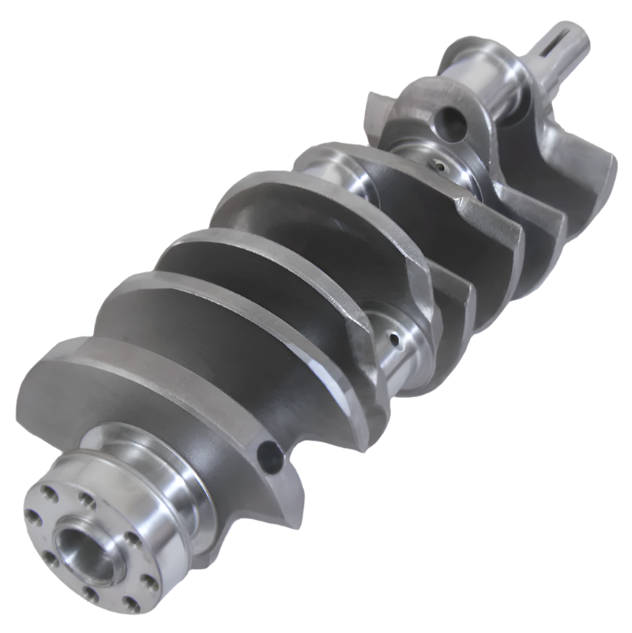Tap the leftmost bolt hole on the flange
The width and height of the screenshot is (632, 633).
[x=34, y=518]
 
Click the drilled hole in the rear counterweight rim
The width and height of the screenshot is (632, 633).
[x=269, y=454]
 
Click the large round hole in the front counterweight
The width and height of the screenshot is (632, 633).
[x=453, y=120]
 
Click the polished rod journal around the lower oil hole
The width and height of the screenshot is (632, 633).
[x=391, y=347]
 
